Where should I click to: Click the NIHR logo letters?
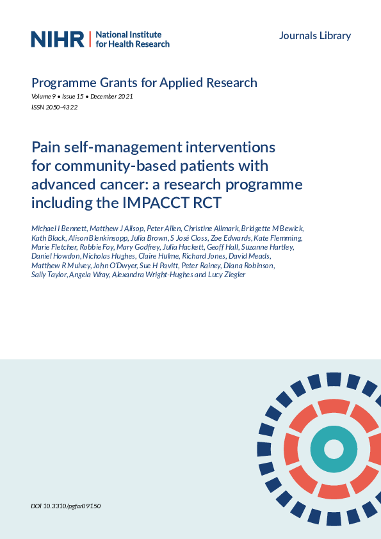[58, 39]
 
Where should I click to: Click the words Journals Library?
[315, 36]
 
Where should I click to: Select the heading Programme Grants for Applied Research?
[144, 83]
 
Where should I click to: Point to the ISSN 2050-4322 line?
[54, 107]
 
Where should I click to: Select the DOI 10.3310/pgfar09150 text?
[66, 506]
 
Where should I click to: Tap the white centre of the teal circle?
[334, 449]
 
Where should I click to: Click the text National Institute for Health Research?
[133, 39]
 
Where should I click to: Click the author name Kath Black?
[48, 238]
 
